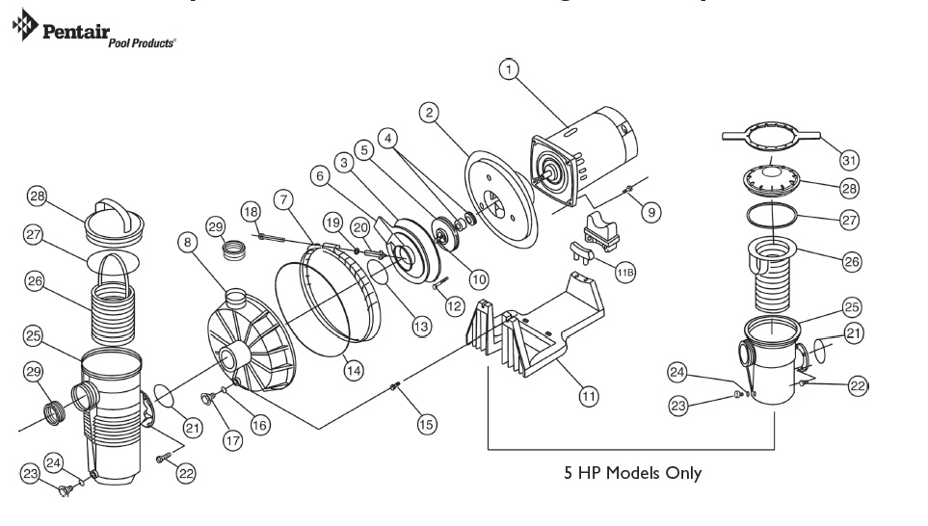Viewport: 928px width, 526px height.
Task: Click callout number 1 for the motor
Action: (x=510, y=69)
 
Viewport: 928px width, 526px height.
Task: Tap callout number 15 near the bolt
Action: (x=425, y=423)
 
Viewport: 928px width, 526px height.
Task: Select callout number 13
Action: (x=420, y=327)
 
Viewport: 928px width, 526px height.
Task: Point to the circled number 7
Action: (x=282, y=198)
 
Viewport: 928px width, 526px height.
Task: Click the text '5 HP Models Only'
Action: (x=632, y=473)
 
